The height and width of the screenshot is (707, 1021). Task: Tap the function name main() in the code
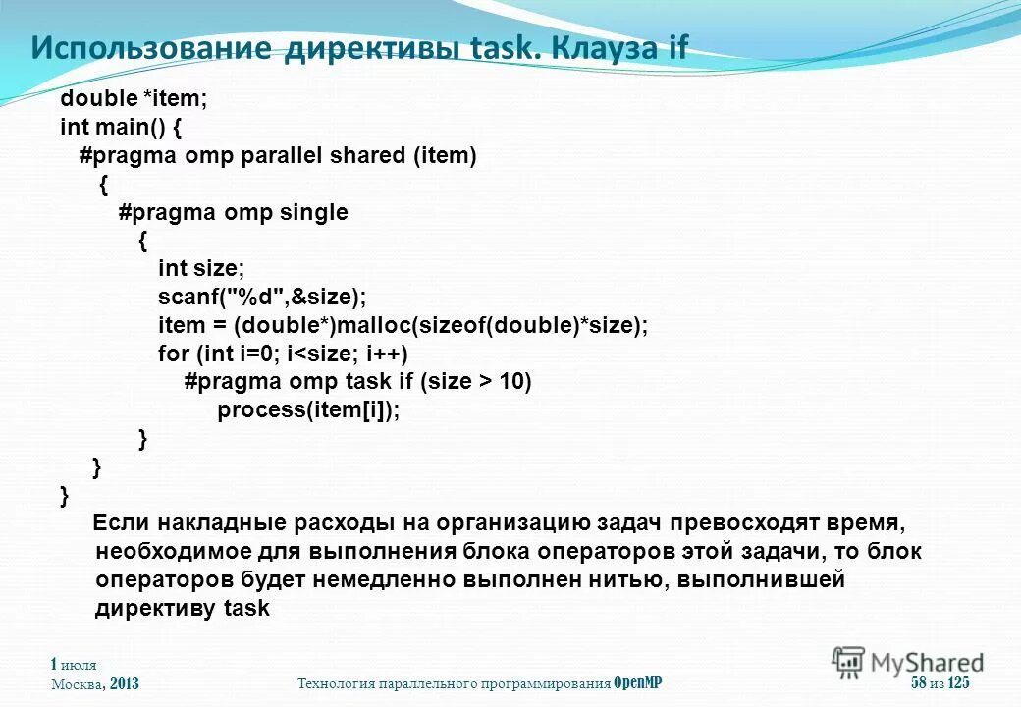132,128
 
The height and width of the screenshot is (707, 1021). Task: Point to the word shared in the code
368,156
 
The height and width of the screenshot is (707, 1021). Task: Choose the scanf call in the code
261,297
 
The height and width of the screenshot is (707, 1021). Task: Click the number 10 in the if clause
514,382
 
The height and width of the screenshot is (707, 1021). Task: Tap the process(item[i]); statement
309,410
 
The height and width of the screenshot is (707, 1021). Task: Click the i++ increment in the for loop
389,353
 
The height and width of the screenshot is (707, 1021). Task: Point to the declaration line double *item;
134,99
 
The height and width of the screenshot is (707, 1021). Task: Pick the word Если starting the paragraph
119,522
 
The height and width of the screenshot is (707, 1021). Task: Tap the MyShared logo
908,663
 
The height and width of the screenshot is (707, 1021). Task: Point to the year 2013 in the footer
125,683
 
